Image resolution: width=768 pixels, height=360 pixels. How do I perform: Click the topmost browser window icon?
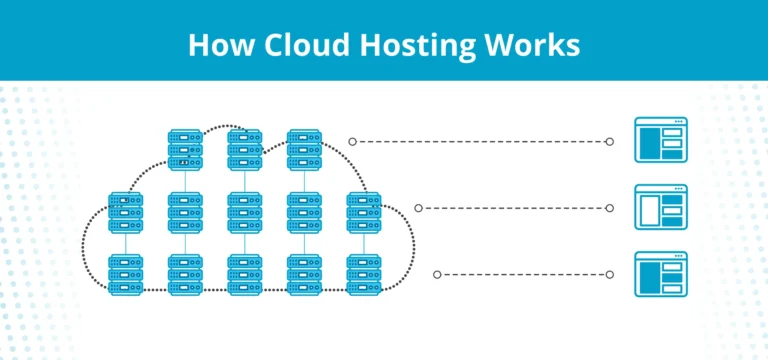(660, 141)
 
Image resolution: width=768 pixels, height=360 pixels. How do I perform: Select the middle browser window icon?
(660, 208)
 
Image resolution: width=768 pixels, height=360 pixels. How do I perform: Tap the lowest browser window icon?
(660, 274)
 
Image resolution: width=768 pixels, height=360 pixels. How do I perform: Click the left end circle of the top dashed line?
(353, 142)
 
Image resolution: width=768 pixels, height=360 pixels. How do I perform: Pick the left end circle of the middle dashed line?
(418, 208)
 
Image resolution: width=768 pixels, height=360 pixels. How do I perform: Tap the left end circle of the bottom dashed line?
(437, 274)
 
